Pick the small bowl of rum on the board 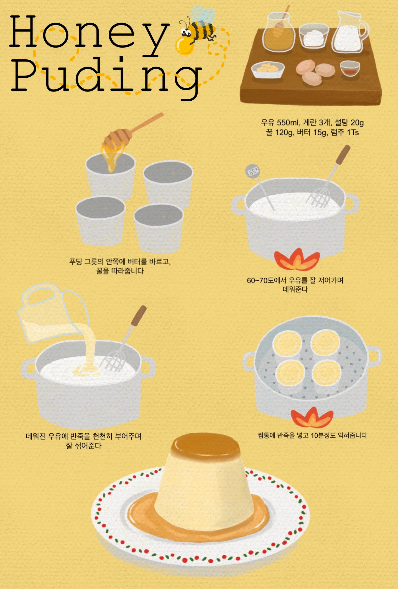pyautogui.click(x=350, y=69)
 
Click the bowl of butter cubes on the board pyautogui.click(x=267, y=69)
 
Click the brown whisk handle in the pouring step pyautogui.click(x=139, y=316)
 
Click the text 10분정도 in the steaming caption pyautogui.click(x=323, y=435)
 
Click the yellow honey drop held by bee pyautogui.click(x=184, y=46)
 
